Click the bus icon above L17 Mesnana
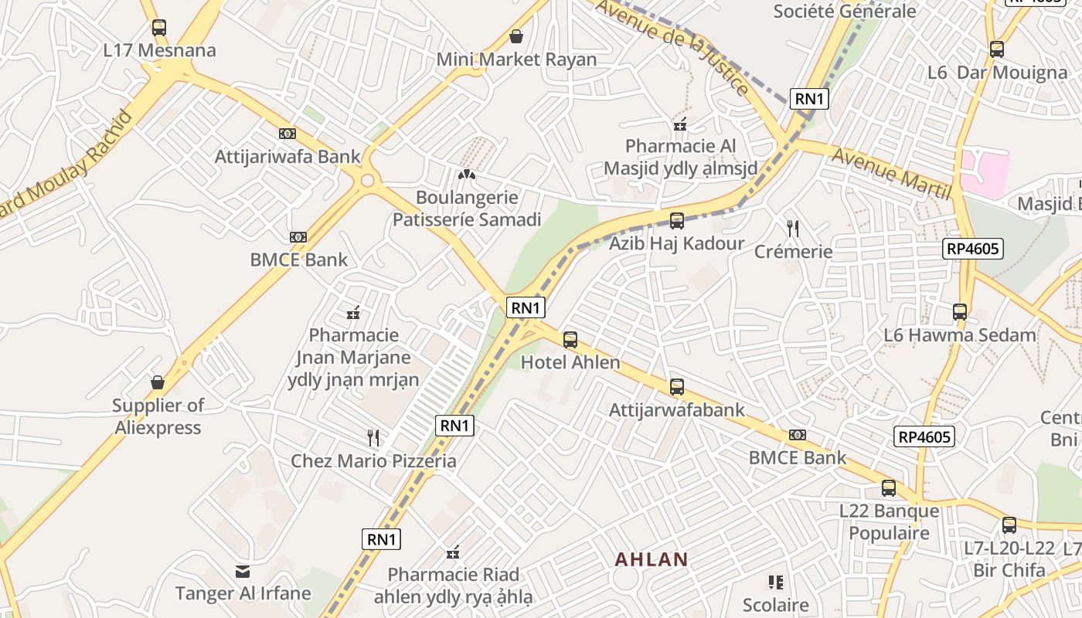pyautogui.click(x=159, y=28)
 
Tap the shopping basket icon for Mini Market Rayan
pyautogui.click(x=516, y=36)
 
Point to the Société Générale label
pyautogui.click(x=844, y=11)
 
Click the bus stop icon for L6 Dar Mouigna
pyautogui.click(x=997, y=49)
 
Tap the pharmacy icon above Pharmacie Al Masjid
pyautogui.click(x=681, y=124)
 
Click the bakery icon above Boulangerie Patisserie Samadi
pyautogui.click(x=466, y=175)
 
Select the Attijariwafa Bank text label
pyautogui.click(x=288, y=157)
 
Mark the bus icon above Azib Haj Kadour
pyautogui.click(x=677, y=221)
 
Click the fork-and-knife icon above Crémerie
pyautogui.click(x=793, y=228)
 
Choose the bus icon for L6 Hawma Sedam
pyautogui.click(x=960, y=312)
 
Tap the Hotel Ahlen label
pyautogui.click(x=570, y=362)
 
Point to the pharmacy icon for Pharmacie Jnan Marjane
pyautogui.click(x=354, y=313)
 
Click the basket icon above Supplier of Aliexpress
pyautogui.click(x=158, y=382)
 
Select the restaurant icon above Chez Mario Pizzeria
pyautogui.click(x=373, y=438)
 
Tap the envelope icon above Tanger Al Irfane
pyautogui.click(x=243, y=572)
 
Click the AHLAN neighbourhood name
pyautogui.click(x=651, y=559)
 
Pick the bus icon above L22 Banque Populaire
pyautogui.click(x=889, y=488)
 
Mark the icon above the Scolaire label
pyautogui.click(x=776, y=582)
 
